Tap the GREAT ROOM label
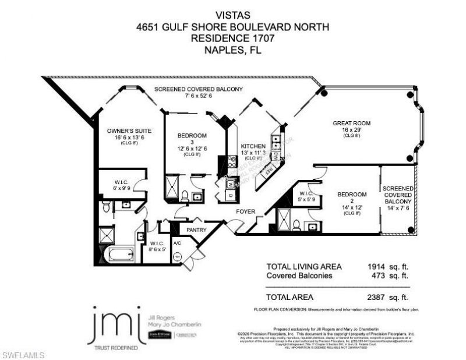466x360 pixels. click(x=351, y=123)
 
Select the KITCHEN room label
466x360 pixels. click(x=253, y=146)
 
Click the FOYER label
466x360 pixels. click(x=245, y=212)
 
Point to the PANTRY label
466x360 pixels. click(x=196, y=230)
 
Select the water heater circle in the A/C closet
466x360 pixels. click(x=177, y=256)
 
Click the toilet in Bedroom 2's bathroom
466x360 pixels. click(x=296, y=225)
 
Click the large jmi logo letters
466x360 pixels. click(x=114, y=325)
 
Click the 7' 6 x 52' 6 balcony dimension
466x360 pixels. click(x=198, y=97)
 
